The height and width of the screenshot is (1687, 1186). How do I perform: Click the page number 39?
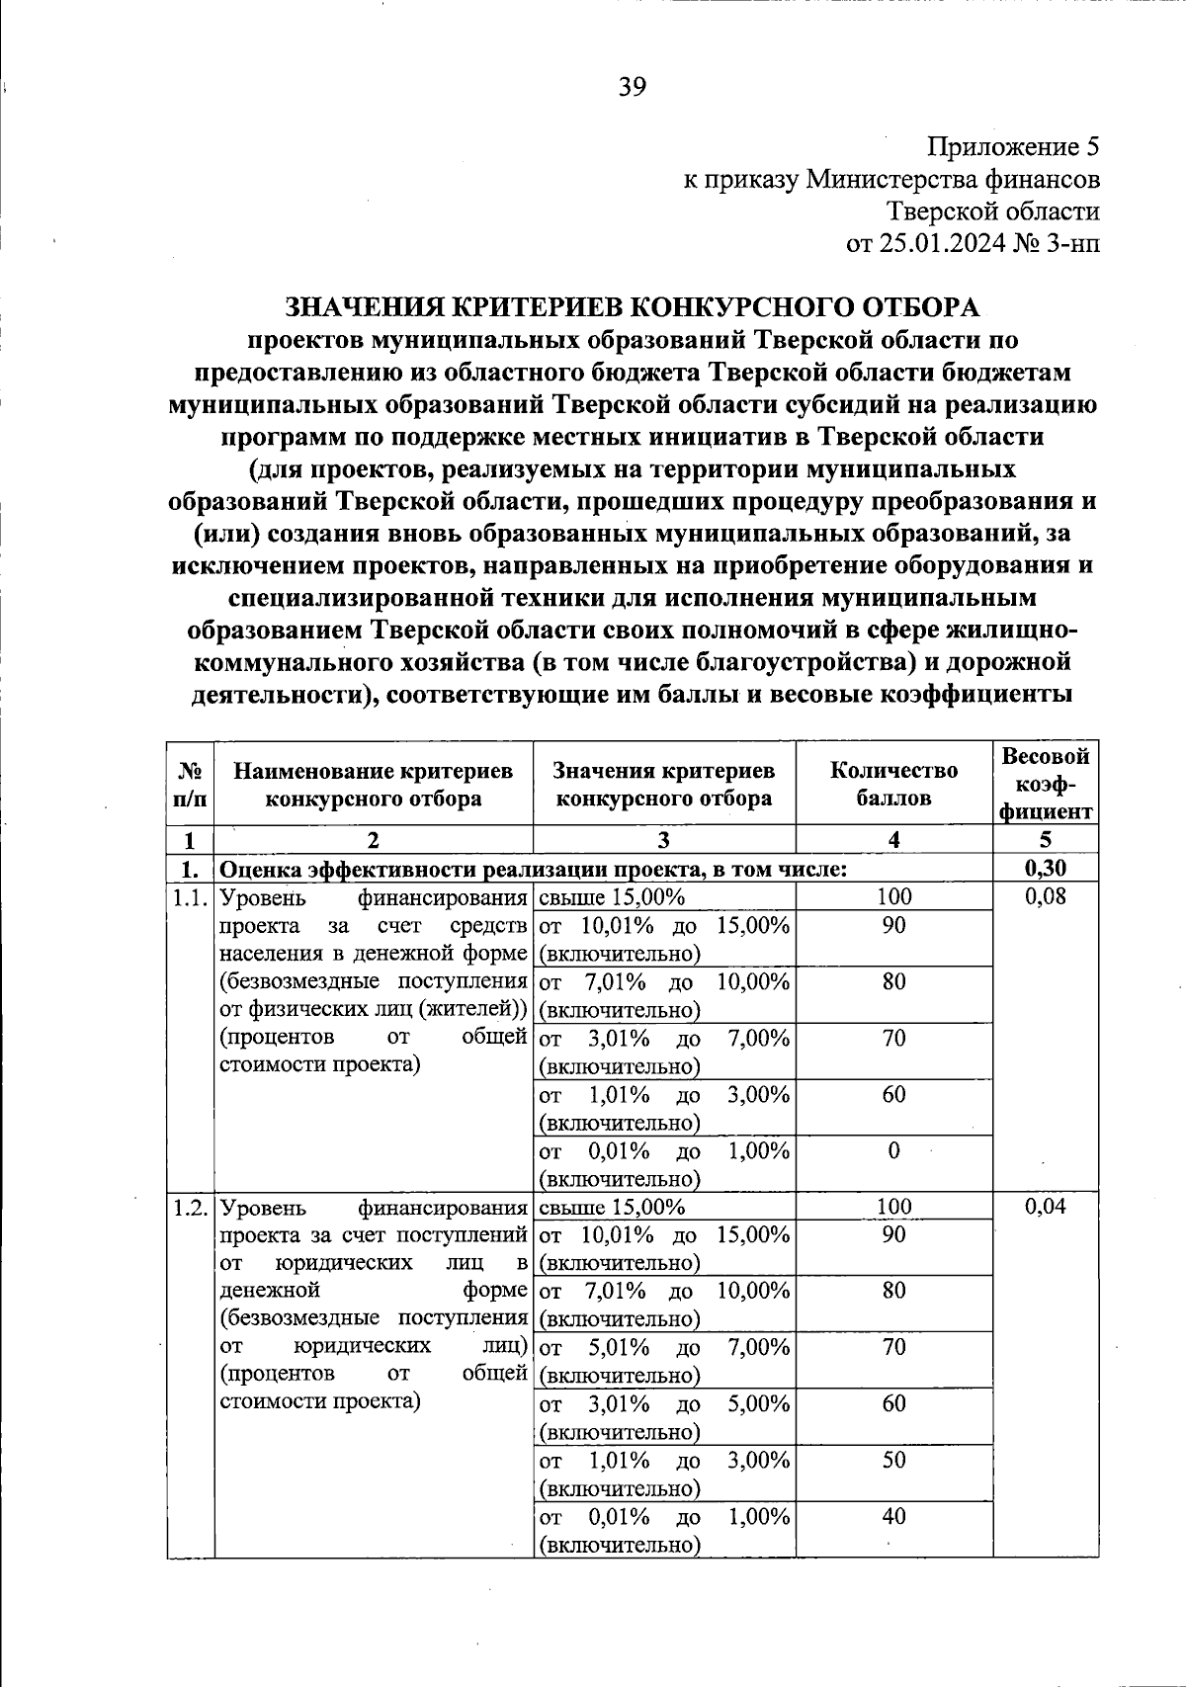tap(632, 87)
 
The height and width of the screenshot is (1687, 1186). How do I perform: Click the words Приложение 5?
tap(1012, 148)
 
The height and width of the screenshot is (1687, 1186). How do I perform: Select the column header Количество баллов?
tap(893, 784)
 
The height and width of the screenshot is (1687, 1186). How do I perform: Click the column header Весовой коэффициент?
tap(1046, 784)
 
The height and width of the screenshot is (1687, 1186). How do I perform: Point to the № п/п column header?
tap(190, 784)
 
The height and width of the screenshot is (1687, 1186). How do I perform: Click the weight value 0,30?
tap(1046, 869)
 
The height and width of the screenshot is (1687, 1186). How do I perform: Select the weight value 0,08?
tap(1046, 897)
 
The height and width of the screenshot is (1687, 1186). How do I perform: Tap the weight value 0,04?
tap(1046, 1207)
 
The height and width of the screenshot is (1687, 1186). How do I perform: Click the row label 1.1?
tap(190, 898)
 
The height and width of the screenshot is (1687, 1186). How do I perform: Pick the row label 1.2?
tap(190, 1208)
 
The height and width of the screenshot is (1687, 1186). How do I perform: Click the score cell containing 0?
tap(893, 1151)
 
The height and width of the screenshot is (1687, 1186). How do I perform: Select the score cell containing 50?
tap(893, 1461)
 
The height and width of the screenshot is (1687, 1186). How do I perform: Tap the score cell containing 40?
tap(893, 1517)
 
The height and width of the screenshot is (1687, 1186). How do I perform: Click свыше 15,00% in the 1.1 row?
tap(613, 897)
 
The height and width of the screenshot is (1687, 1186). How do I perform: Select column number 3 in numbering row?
tap(663, 840)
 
